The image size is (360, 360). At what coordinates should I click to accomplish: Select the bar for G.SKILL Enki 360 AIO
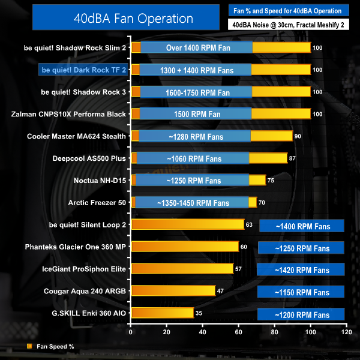pyautogui.click(x=162, y=313)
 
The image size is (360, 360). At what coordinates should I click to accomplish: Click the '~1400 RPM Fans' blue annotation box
pyautogui.click(x=302, y=226)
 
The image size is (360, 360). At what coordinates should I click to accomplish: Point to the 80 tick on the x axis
pyautogui.click(x=275, y=331)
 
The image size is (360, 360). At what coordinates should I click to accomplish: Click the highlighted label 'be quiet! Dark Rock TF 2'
pyautogui.click(x=83, y=70)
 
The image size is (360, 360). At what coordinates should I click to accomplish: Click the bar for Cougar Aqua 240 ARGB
pyautogui.click(x=173, y=290)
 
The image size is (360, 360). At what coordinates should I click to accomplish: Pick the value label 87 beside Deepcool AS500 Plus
pyautogui.click(x=292, y=158)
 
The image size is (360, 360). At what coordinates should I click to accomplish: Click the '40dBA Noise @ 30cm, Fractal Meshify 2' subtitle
pyautogui.click(x=289, y=25)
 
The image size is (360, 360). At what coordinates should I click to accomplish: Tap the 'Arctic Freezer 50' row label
pyautogui.click(x=97, y=203)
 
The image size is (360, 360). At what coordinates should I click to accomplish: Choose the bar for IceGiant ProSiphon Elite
pyautogui.click(x=182, y=269)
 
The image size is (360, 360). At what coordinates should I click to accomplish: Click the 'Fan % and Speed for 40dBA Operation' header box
pyautogui.click(x=289, y=10)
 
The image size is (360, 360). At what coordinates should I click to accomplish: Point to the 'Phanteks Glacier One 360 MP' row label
pyautogui.click(x=76, y=247)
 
